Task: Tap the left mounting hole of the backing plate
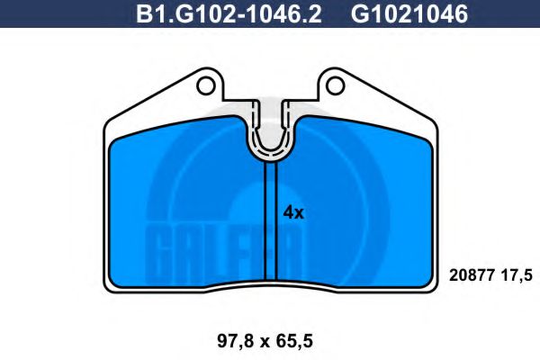click(x=206, y=87)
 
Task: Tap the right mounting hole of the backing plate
click(x=337, y=87)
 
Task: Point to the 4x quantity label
click(x=294, y=213)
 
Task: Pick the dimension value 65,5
click(x=303, y=340)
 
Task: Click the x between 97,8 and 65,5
click(x=267, y=341)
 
